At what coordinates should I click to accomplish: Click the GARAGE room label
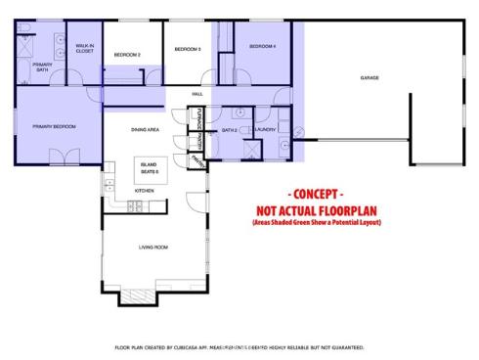pos(369,78)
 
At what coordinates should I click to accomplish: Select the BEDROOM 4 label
pos(262,46)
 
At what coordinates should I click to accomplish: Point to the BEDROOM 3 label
pos(188,49)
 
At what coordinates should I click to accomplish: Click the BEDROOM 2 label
pos(127,55)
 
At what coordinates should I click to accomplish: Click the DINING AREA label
pos(145,129)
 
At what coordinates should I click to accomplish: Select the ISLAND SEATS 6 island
pos(150,167)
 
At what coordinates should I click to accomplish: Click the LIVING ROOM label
pos(152,247)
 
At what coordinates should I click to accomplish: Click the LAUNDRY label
pos(266,129)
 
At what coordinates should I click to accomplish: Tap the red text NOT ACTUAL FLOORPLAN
pos(316,209)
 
